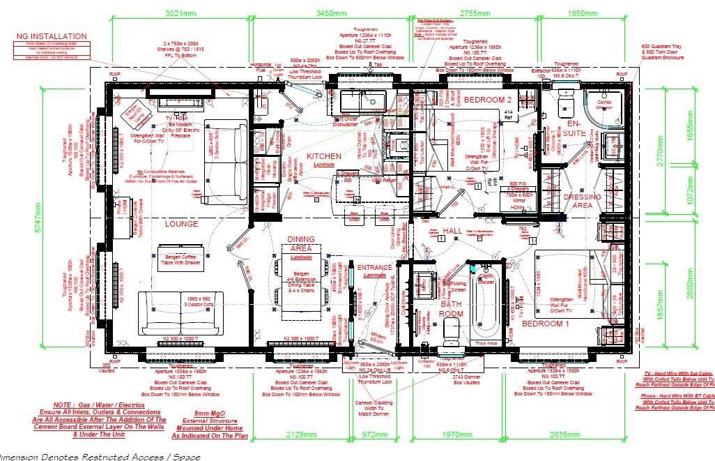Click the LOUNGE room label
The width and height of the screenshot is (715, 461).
182,224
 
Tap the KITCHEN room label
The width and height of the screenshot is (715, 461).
325,156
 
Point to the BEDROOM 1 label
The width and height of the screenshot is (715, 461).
546,325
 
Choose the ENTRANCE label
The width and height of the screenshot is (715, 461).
375,267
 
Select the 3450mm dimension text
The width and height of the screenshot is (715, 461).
332,13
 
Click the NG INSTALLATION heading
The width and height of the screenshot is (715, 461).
52,36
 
